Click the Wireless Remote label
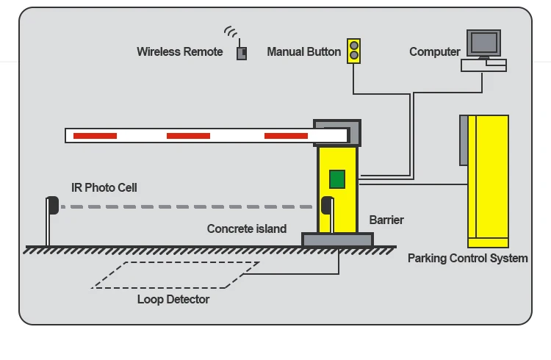tap(179, 51)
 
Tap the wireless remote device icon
tap(242, 54)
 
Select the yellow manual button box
tap(354, 51)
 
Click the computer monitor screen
tap(483, 43)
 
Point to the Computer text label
tap(435, 52)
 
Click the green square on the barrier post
tap(337, 179)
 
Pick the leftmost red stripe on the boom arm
tap(95, 136)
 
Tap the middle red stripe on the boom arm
tap(188, 136)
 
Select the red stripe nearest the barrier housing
tap(286, 136)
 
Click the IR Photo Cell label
tap(104, 188)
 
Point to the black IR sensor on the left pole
tap(53, 205)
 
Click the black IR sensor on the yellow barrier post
tap(327, 205)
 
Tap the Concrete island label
tap(247, 229)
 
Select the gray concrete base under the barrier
tap(337, 240)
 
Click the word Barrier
tap(386, 220)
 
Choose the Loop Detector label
tap(173, 300)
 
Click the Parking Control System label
tap(468, 259)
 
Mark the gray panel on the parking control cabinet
tap(464, 140)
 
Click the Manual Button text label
tap(304, 51)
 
